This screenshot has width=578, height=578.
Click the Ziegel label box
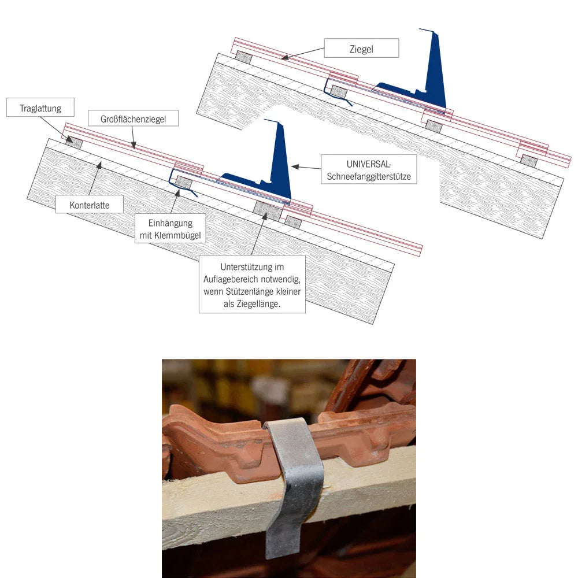(x=361, y=49)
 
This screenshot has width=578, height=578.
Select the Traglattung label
(x=40, y=108)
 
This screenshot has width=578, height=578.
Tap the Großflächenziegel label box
(x=133, y=118)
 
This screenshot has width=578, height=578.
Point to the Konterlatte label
(x=89, y=205)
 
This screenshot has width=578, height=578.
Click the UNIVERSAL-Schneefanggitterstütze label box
(x=368, y=169)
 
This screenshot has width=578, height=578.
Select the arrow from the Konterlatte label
(x=95, y=179)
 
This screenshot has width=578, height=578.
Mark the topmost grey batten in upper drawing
(x=244, y=57)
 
